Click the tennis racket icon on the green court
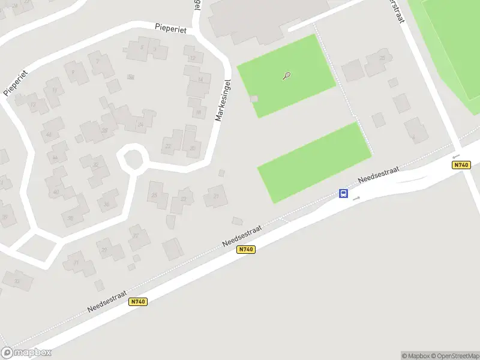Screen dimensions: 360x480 point(287,76)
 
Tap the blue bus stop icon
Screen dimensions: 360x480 point(344,193)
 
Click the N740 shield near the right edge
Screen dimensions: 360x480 point(460,165)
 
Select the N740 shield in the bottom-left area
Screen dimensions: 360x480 point(138,302)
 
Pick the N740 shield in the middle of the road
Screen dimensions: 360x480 point(246,250)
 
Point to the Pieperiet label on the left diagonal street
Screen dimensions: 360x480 point(17,82)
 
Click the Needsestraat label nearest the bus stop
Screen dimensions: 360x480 point(379,175)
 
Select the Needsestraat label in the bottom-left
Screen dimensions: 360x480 point(107,298)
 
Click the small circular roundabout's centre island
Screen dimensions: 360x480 point(133,160)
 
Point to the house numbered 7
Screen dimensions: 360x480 point(155,49)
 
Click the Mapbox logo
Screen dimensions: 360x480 point(26,353)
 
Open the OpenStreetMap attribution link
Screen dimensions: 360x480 point(454,356)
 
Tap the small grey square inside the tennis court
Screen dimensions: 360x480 point(254,98)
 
